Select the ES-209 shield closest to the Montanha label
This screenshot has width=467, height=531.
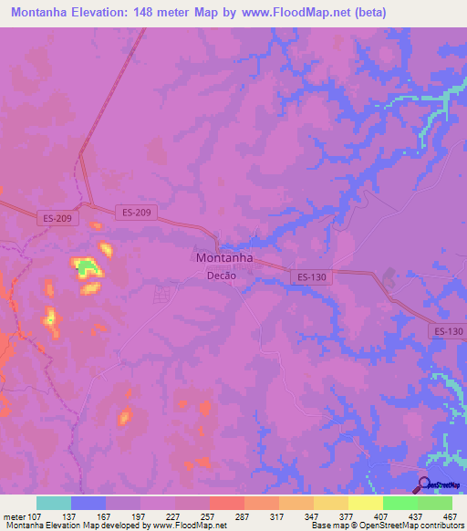pyautogui.click(x=137, y=213)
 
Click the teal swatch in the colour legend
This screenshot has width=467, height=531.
pyautogui.click(x=54, y=503)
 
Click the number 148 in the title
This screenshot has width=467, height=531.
pyautogui.click(x=161, y=13)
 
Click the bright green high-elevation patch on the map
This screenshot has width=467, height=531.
pyautogui.click(x=88, y=267)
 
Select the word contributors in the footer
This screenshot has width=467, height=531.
pyautogui.click(x=441, y=526)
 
